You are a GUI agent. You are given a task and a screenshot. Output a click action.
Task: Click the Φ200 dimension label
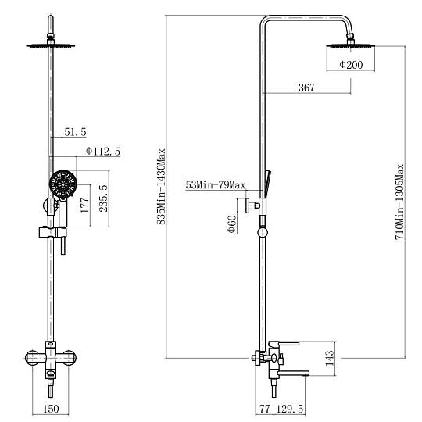coord(351,65)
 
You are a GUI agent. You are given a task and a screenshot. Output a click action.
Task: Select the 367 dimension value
coord(306,88)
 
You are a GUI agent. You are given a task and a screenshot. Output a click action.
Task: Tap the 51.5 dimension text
coord(75,132)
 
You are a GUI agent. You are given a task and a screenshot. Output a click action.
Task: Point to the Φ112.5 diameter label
coord(103,152)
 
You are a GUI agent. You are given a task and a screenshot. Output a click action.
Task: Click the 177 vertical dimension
coord(84,205)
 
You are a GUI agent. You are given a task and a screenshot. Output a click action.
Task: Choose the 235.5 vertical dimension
coord(104,198)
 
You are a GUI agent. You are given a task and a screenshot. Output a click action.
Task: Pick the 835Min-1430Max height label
coord(161,187)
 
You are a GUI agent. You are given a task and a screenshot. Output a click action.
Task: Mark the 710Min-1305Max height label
coord(399,202)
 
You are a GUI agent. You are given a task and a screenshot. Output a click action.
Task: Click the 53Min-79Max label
coord(216,185)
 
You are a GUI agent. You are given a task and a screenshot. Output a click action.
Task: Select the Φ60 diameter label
coord(232,224)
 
